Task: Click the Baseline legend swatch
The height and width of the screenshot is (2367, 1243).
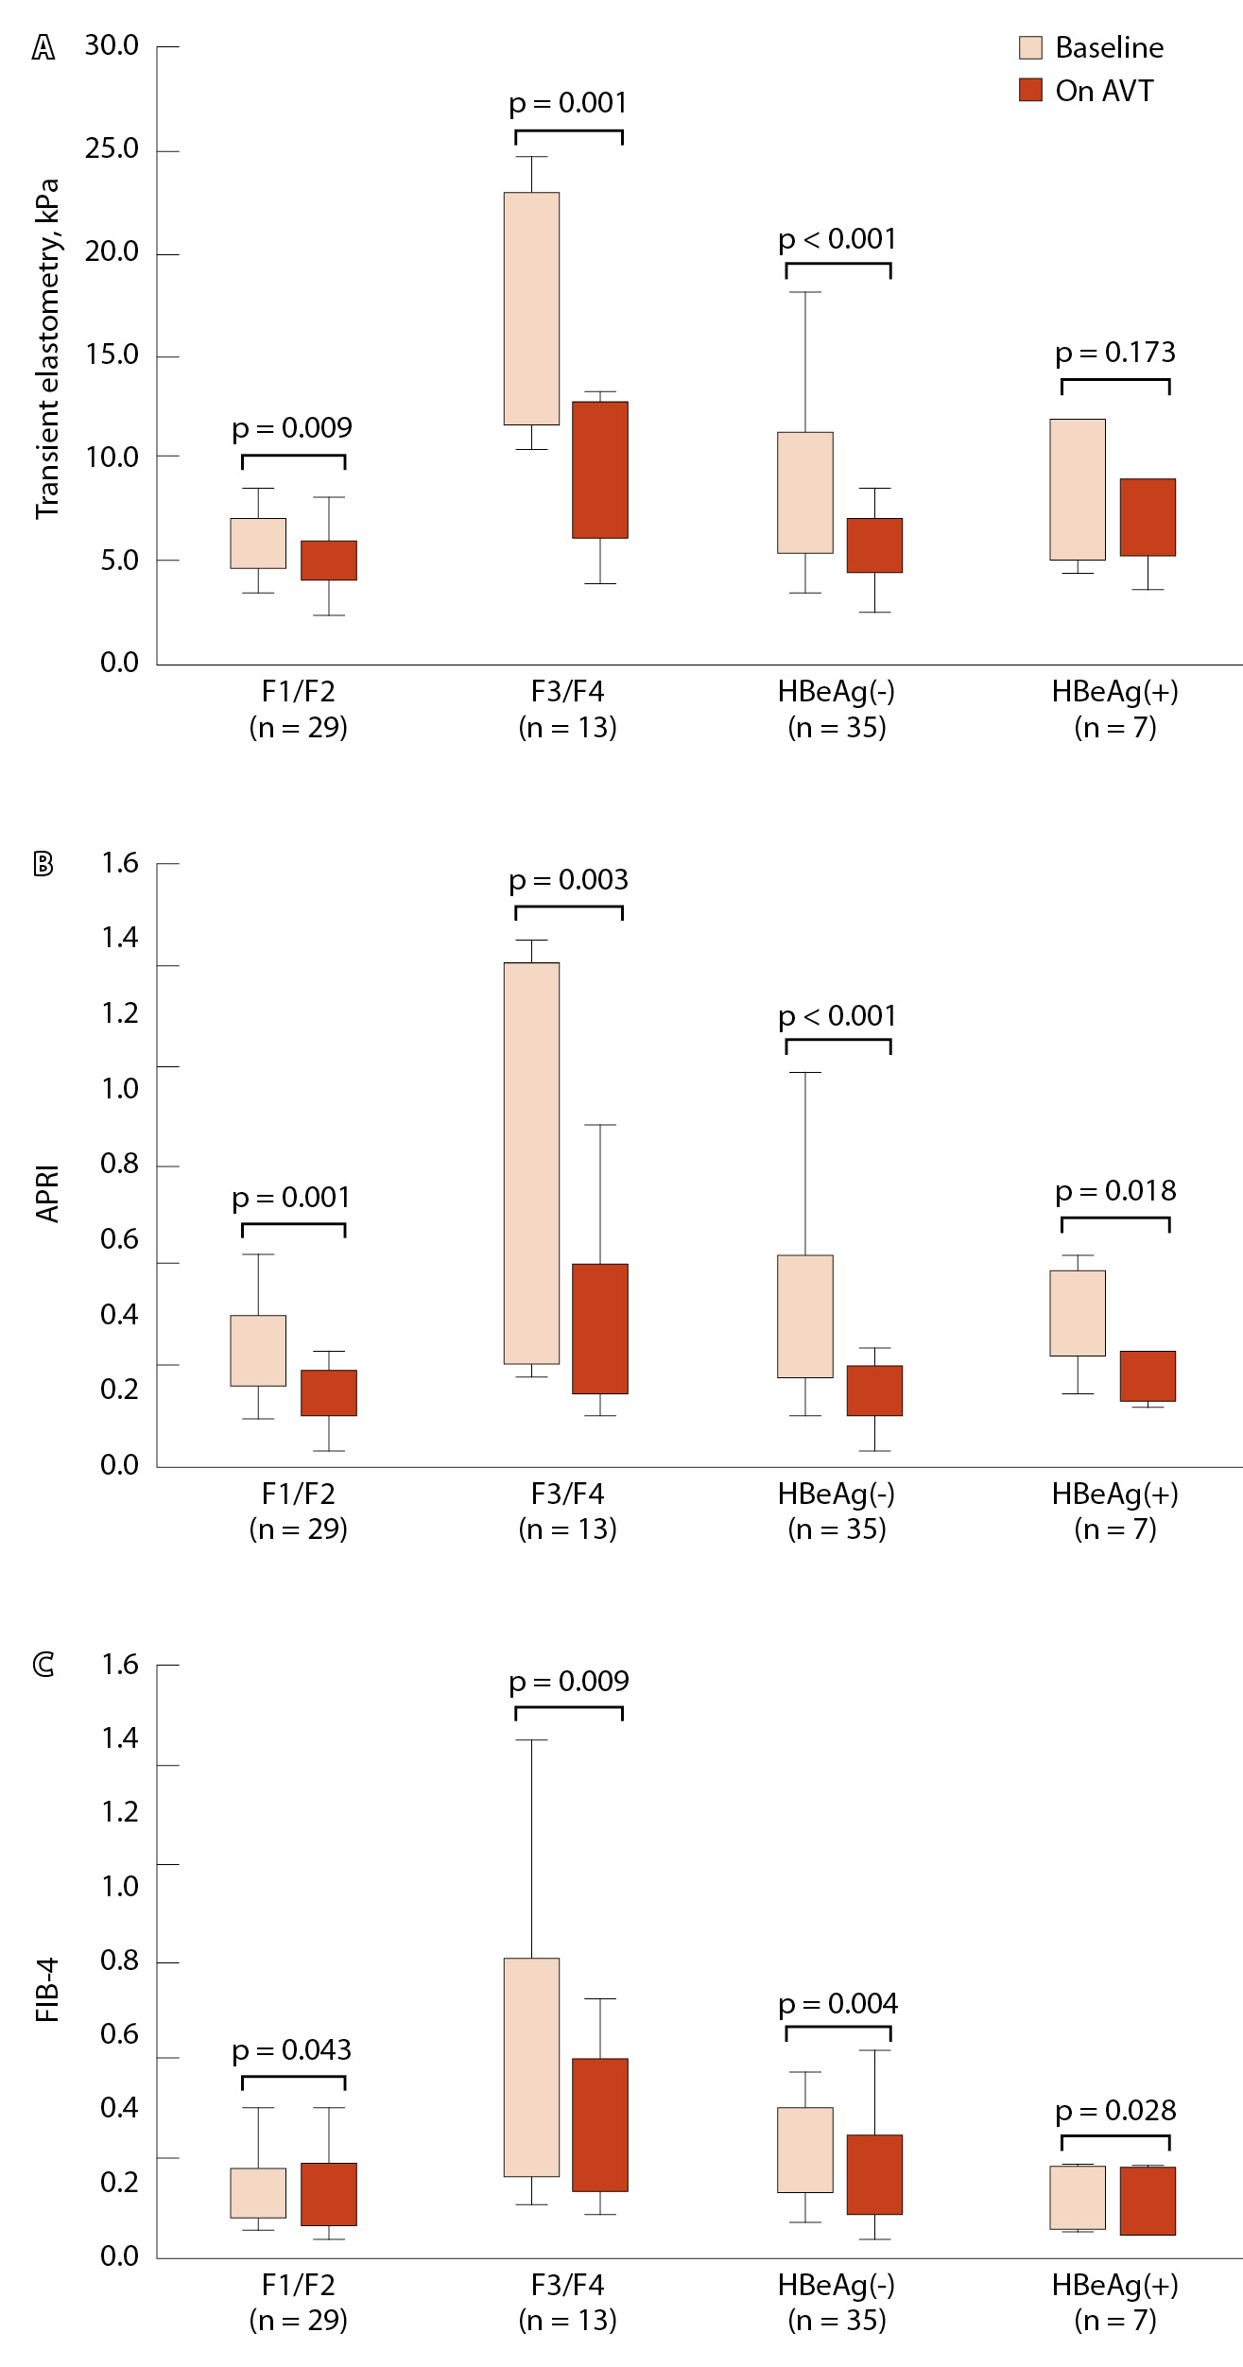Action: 1030,48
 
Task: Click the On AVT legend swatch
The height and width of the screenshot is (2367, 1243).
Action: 1030,91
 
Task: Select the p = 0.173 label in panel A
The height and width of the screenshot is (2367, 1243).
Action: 1115,353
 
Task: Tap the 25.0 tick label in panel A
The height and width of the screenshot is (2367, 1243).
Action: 112,149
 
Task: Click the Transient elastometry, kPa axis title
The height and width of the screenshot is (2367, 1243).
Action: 47,349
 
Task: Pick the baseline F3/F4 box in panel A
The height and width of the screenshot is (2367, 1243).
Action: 531,308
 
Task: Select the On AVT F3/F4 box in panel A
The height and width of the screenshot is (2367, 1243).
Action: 600,470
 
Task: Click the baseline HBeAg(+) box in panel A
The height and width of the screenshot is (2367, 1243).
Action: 1078,490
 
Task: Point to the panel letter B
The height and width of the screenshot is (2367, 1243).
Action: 43,864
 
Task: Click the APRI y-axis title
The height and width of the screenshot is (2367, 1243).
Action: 47,1194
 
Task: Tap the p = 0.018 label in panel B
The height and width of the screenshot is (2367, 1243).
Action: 1115,1191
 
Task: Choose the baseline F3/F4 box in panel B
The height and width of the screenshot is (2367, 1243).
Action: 531,1163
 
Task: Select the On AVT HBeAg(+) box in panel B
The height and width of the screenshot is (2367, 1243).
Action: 1148,1376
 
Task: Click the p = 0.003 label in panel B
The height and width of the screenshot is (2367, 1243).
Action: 568,880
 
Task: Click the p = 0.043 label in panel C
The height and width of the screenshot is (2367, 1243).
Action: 292,2050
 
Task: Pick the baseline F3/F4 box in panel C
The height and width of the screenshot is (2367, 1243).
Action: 531,2067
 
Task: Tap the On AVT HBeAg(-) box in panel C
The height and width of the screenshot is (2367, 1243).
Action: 874,2174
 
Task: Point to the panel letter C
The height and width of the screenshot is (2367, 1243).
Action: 43,1665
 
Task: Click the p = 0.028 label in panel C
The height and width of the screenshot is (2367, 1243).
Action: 1115,2111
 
